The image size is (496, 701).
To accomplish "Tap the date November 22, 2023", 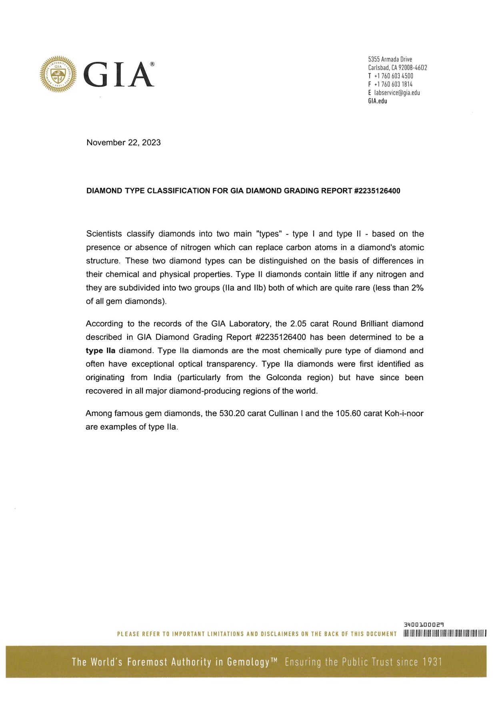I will coord(123,143).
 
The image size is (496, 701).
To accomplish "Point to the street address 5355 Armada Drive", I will coord(390,59).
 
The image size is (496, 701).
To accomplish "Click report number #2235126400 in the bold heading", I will coord(377,191).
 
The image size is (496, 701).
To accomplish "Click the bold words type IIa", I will coord(100,351).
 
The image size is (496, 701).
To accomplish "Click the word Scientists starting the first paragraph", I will coord(104,234).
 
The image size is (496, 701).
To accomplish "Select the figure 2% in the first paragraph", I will coord(417,288).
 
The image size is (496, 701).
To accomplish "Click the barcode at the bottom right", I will coord(444,633).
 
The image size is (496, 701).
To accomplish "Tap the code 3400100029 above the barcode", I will coord(424,624).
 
